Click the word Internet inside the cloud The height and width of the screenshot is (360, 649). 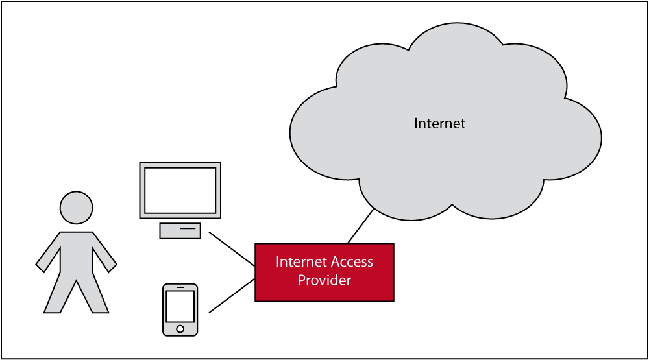pyautogui.click(x=440, y=123)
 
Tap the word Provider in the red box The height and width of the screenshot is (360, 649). pyautogui.click(x=324, y=280)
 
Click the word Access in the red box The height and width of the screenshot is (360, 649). pyautogui.click(x=351, y=262)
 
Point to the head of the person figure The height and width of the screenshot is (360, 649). pyautogui.click(x=76, y=208)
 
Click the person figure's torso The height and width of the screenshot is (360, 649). pyautogui.click(x=76, y=253)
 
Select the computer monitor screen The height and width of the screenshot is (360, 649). pyautogui.click(x=180, y=190)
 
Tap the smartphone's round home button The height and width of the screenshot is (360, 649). pyautogui.click(x=180, y=329)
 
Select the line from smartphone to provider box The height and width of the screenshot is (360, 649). pyautogui.click(x=232, y=296)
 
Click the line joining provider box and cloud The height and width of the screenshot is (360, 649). pyautogui.click(x=360, y=226)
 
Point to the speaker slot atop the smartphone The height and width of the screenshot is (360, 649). pyautogui.click(x=180, y=287)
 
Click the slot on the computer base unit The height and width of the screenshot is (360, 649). pyautogui.click(x=188, y=228)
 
